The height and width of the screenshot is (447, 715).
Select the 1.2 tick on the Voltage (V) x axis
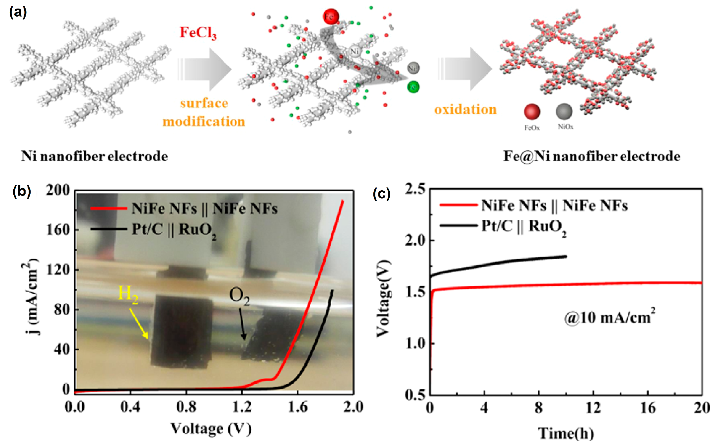click(242, 407)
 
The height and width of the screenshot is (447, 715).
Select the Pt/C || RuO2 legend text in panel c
click(524, 227)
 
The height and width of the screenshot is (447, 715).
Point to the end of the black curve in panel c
click(566, 256)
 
